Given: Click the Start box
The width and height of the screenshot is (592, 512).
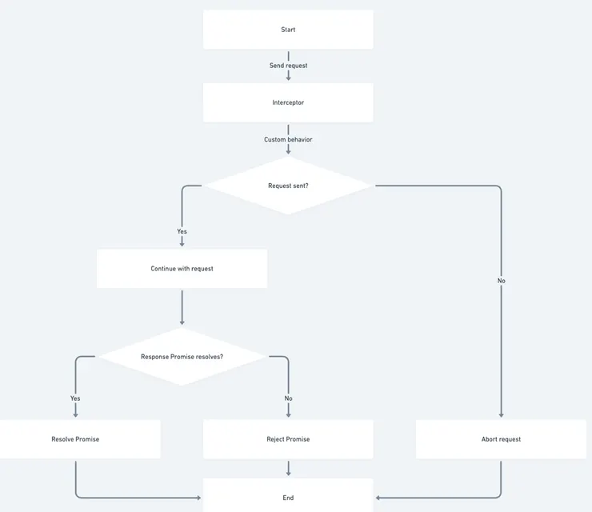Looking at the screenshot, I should [x=288, y=30].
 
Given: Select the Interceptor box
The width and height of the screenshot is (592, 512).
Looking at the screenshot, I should [x=288, y=102].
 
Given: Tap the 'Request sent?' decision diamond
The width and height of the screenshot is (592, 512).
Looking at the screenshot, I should [x=288, y=186].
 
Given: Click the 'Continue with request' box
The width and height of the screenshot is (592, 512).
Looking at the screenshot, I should [x=182, y=269].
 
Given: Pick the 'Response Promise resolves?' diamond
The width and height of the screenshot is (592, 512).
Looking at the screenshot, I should [x=182, y=356].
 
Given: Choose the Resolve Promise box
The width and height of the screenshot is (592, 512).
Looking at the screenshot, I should [x=75, y=439].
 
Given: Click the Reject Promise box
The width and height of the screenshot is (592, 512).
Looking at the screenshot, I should [x=288, y=439].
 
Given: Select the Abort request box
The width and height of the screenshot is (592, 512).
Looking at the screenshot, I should [x=501, y=439].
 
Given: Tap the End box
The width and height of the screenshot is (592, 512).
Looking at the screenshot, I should [x=288, y=497].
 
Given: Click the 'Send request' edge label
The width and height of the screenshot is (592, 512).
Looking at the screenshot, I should [x=288, y=66].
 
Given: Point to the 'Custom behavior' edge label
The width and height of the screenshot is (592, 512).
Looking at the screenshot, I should [x=288, y=139].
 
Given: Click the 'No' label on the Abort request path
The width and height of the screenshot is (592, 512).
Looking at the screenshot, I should [x=501, y=281].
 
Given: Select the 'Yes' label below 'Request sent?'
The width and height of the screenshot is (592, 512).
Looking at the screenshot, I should [x=182, y=231].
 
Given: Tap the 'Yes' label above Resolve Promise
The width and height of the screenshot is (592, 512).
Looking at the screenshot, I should [x=75, y=398].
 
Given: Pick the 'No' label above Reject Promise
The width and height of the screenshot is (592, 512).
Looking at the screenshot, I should [x=288, y=398].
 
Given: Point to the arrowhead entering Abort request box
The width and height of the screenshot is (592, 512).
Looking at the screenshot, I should [x=501, y=414].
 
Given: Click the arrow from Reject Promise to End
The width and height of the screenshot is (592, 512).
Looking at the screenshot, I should [x=288, y=468].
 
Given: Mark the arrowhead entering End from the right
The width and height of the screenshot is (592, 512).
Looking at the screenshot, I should [x=378, y=498].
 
